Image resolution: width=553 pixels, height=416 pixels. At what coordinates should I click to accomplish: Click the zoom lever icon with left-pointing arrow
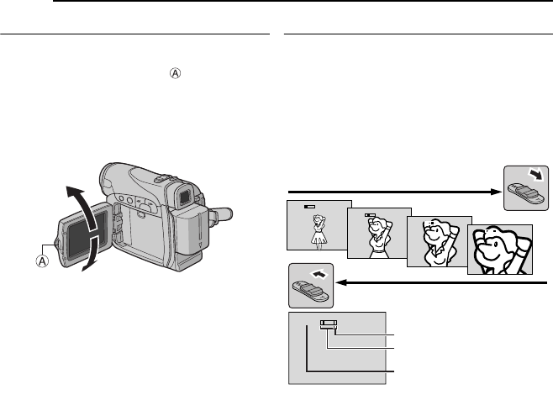pyautogui.click(x=310, y=286)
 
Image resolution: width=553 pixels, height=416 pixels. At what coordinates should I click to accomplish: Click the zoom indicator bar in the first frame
pyautogui.click(x=311, y=206)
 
